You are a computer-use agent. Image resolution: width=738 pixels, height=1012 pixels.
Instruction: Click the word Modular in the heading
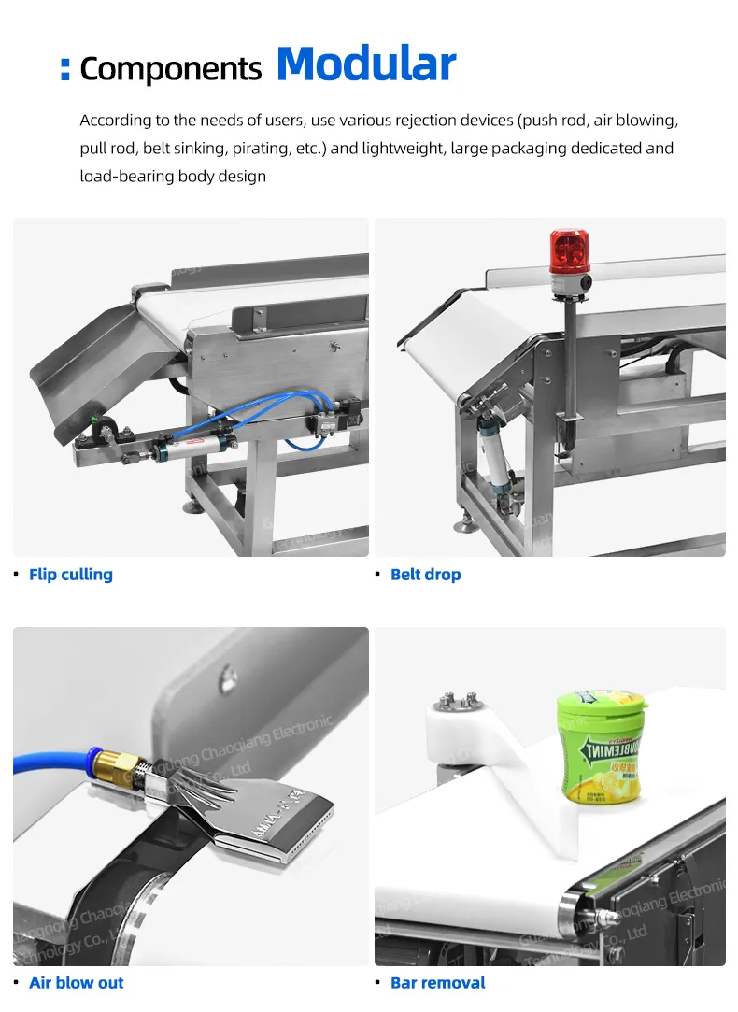[x=365, y=64]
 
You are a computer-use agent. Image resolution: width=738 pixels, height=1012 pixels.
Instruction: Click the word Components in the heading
[x=171, y=69]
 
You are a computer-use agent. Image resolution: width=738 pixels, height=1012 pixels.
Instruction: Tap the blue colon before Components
[x=65, y=69]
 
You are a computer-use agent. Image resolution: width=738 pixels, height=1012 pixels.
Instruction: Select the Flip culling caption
[x=71, y=575]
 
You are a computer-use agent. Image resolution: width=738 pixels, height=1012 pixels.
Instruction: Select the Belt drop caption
[x=425, y=575]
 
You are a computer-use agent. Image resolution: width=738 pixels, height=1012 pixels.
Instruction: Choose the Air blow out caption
[x=76, y=982]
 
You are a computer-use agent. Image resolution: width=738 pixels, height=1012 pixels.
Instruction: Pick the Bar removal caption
[x=437, y=982]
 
